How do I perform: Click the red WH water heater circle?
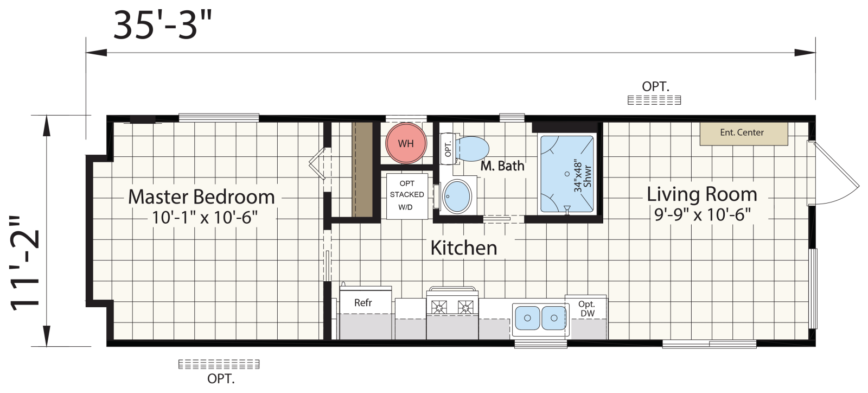[406, 143]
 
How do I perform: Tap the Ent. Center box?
[744, 134]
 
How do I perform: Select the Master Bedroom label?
[201, 197]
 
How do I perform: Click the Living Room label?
[702, 194]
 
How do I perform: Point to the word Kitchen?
[464, 248]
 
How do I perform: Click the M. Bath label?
[502, 166]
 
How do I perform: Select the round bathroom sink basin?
[457, 196]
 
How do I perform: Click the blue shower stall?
[567, 174]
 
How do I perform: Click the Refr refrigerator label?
[363, 303]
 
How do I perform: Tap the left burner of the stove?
[439, 308]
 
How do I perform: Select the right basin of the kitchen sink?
[554, 318]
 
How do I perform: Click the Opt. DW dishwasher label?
[587, 309]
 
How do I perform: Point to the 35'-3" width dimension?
[163, 26]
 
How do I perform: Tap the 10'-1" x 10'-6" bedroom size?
[205, 218]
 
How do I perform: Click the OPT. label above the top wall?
[656, 87]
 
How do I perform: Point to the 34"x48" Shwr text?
[583, 175]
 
